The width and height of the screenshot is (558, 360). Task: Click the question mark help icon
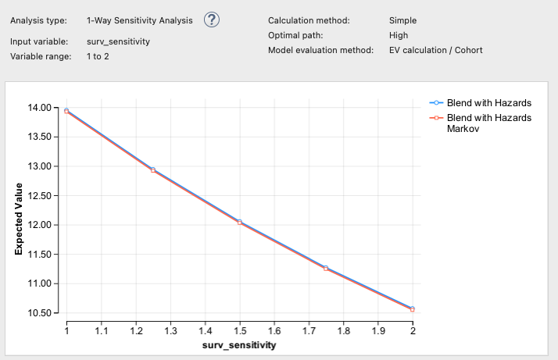click(x=212, y=21)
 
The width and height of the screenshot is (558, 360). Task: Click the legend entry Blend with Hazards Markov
click(x=488, y=123)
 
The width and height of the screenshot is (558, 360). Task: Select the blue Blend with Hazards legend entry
click(x=488, y=102)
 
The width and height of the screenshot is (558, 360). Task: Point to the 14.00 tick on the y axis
click(x=40, y=108)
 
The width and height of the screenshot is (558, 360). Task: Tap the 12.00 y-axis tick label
click(x=40, y=225)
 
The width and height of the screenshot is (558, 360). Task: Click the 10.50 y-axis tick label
click(x=40, y=313)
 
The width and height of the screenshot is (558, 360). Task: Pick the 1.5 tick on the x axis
click(x=239, y=330)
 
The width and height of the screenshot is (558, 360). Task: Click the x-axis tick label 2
click(x=413, y=330)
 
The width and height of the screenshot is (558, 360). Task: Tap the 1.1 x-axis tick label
click(x=101, y=330)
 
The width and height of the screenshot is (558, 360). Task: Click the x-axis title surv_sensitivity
click(x=239, y=344)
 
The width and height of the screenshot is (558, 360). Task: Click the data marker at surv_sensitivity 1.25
click(x=153, y=169)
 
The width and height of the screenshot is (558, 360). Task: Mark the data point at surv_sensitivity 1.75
click(x=326, y=268)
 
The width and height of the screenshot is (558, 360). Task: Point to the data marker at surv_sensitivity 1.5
click(x=240, y=222)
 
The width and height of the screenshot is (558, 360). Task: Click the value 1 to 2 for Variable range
click(x=97, y=56)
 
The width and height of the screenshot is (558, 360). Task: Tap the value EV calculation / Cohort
click(x=435, y=50)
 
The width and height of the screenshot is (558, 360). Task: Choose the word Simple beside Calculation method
click(x=402, y=20)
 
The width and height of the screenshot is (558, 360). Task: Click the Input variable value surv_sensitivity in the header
click(x=118, y=41)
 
